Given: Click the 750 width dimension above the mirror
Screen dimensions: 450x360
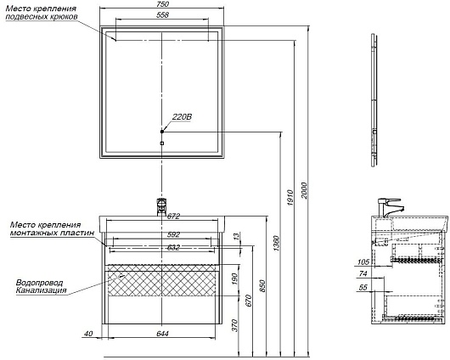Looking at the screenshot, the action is click(x=163, y=4).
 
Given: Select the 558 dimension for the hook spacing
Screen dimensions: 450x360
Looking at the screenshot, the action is click(x=162, y=15).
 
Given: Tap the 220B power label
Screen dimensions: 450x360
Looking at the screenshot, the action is click(x=182, y=117).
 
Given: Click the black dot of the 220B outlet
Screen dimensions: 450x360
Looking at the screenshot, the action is click(x=162, y=132).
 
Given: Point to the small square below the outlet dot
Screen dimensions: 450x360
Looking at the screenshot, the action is click(x=162, y=143).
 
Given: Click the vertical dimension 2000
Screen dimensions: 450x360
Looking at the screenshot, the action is click(x=305, y=190).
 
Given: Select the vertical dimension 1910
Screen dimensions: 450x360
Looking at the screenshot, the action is click(x=290, y=198).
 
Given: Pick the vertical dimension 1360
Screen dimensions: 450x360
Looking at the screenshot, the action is click(x=276, y=244).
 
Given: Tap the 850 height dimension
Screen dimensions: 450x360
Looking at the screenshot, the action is click(x=262, y=285).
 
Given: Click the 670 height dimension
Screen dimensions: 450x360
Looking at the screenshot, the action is click(x=249, y=301).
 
